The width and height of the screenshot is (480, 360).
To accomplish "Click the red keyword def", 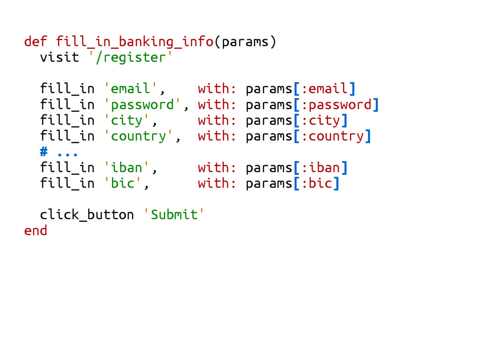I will [36, 42].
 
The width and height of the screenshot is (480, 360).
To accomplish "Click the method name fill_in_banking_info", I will [135, 42].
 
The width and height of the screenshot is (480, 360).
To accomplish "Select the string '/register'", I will [127, 58].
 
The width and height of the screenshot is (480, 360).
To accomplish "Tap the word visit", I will [60, 58].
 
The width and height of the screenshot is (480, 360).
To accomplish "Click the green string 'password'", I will [142, 105].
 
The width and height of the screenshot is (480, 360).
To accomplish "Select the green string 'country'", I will [138, 136].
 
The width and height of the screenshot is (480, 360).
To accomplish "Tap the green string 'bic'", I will [122, 183].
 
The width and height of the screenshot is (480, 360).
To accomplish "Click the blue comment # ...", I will [44, 152].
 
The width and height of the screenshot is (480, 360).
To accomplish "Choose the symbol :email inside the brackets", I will [324, 89].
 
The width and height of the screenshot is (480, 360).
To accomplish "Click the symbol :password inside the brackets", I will [336, 105].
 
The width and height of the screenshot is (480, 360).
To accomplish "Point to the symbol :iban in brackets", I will [321, 167].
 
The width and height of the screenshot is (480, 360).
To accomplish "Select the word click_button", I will [87, 215].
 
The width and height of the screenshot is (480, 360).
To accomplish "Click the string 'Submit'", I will [174, 215].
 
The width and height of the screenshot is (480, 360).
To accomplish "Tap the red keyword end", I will [36, 231].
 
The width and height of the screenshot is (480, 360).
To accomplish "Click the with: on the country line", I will [217, 136].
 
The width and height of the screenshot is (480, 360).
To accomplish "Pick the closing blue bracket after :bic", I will [336, 183].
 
